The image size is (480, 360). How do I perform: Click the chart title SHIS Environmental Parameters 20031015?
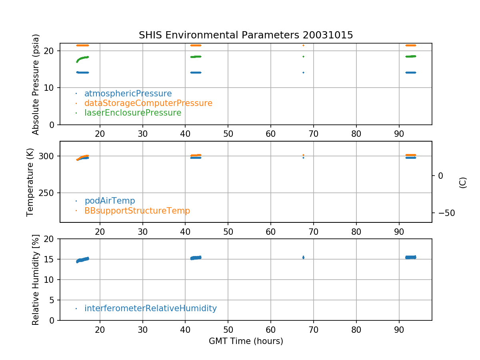point(246,35)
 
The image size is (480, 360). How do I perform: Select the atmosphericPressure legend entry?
point(128,94)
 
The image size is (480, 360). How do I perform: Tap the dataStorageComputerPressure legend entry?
point(148,103)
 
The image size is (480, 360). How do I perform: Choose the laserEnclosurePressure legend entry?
point(133,113)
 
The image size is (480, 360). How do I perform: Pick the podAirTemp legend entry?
point(110,201)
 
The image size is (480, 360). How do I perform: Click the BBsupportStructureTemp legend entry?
point(137,210)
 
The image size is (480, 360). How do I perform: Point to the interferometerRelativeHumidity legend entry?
point(150,308)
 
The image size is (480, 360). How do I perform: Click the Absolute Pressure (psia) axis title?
point(36,84)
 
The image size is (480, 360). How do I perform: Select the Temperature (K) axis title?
point(30,182)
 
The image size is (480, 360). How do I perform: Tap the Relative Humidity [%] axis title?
point(36,280)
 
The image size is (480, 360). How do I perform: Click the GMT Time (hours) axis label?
point(246,341)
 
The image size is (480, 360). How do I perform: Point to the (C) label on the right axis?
point(463,182)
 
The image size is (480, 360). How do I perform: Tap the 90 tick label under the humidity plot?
point(399,329)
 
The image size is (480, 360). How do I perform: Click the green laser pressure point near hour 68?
point(303,56)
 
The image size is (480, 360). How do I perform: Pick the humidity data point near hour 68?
point(303,257)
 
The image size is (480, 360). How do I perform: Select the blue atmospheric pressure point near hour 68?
point(303,72)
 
